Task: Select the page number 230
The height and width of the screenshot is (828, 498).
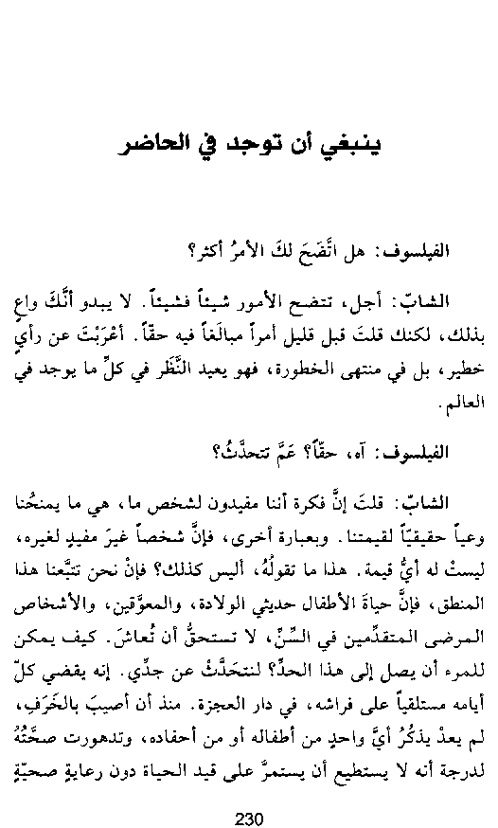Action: click(248, 793)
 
